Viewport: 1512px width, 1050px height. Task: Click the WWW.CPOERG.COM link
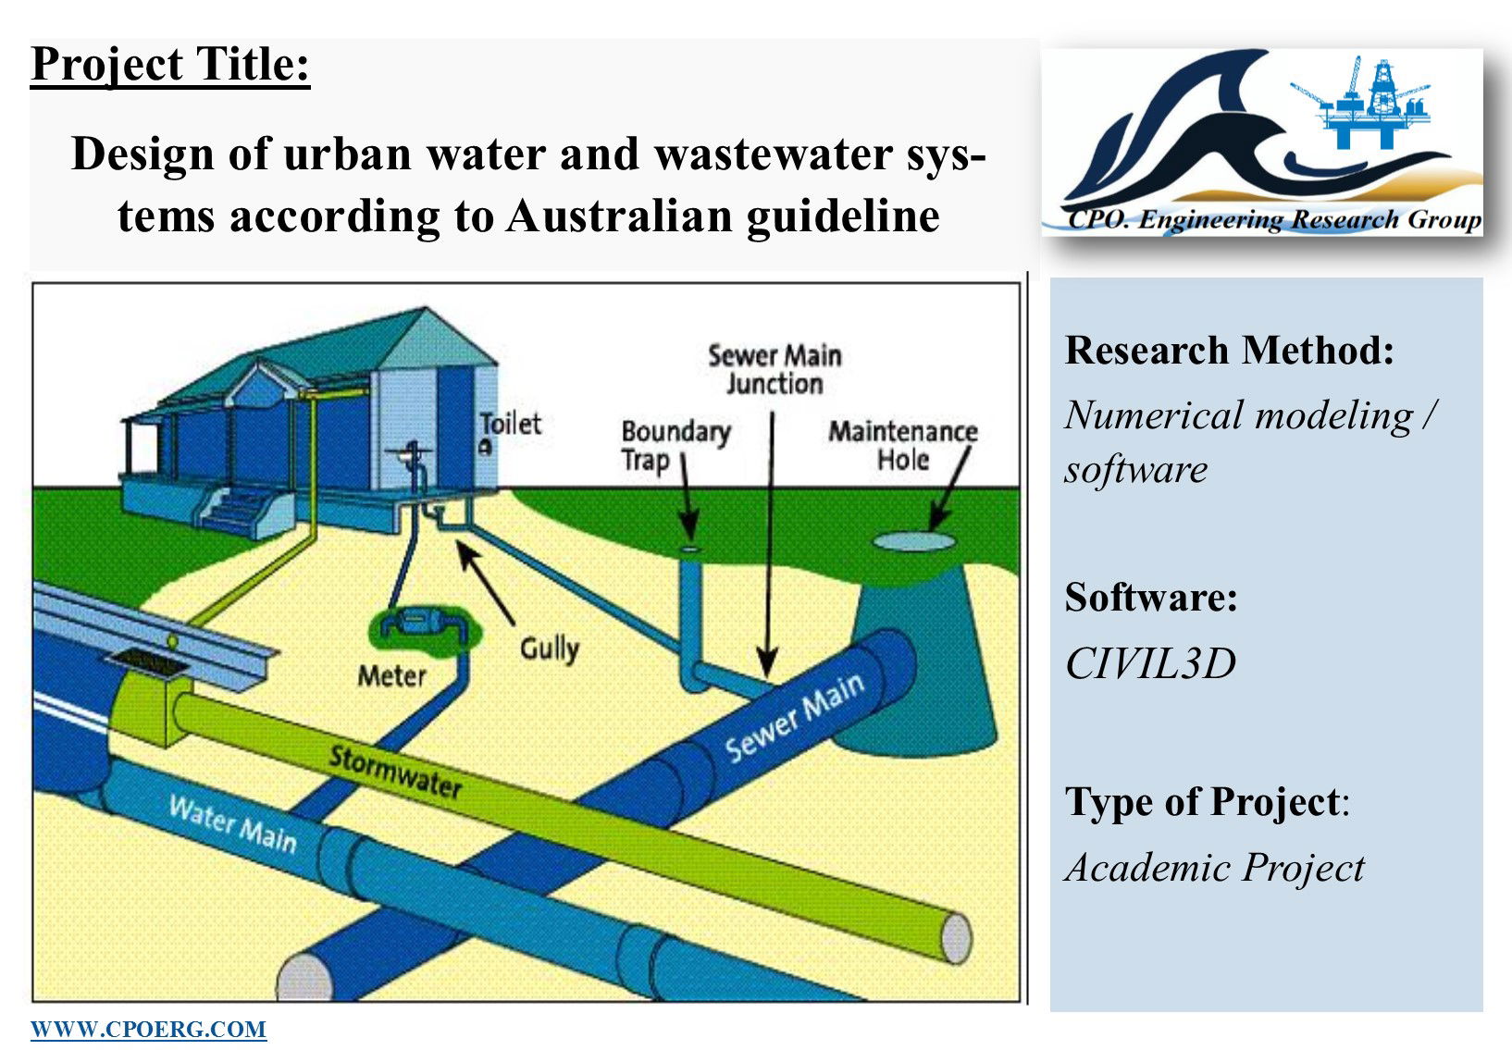148,1029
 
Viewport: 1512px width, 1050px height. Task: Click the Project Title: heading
170,66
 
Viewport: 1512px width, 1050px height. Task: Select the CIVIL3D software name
1150,662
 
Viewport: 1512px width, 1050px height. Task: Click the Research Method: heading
1229,351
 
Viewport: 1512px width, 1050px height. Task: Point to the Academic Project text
1215,867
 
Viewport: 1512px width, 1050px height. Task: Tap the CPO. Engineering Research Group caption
1274,219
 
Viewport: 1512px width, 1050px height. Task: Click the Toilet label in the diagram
510,424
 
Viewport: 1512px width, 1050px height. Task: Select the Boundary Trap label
675,446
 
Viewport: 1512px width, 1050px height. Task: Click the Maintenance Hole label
903,445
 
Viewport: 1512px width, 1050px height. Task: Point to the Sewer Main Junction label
775,370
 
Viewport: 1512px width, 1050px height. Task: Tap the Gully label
550,649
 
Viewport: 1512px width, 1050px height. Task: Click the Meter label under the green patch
391,675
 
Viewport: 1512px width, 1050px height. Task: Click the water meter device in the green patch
423,624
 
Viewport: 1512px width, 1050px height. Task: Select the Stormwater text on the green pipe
395,772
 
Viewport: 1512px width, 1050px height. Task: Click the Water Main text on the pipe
233,824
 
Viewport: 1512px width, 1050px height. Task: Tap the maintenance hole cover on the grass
914,541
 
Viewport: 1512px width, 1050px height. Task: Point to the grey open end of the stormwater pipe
957,938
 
